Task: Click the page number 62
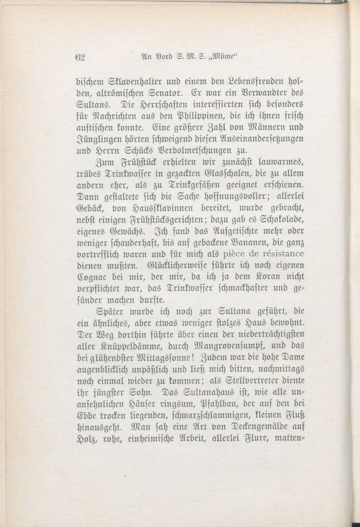click(x=80, y=57)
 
